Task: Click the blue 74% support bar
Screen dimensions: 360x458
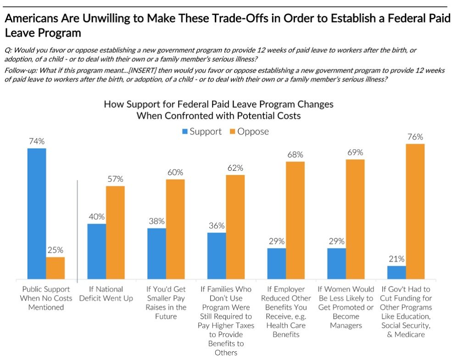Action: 36,214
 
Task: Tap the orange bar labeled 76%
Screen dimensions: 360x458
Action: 415,212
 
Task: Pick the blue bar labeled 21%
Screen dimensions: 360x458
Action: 396,273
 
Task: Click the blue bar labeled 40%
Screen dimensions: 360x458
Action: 96,252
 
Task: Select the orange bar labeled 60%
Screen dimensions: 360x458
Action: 175,229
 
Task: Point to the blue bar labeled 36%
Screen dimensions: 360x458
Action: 216,256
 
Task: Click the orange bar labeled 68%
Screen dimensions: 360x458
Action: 295,220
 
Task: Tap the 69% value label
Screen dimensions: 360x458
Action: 355,152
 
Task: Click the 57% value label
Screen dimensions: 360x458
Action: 115,179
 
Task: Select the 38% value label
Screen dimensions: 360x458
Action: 156,220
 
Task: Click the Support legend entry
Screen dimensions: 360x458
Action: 202,131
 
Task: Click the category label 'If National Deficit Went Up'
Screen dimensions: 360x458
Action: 106,293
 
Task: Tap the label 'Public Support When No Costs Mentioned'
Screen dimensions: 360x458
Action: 46,298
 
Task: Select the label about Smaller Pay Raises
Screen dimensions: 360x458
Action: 166,303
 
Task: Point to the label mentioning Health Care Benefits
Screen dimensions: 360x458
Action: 285,311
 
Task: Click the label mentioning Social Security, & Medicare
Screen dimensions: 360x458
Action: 406,311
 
